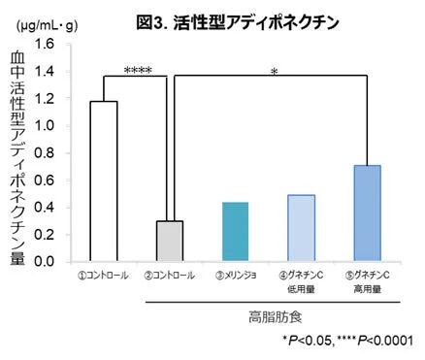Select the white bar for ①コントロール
pyautogui.click(x=103, y=181)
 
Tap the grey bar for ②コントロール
pyautogui.click(x=169, y=242)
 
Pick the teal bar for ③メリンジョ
pyautogui.click(x=235, y=232)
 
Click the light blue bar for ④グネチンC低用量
pyautogui.click(x=301, y=228)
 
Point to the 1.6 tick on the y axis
pyautogui.click(x=45, y=45)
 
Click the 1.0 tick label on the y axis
pyautogui.click(x=45, y=126)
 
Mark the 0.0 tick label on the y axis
pyautogui.click(x=45, y=262)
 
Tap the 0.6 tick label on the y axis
pyautogui.click(x=45, y=180)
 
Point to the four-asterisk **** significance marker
pyautogui.click(x=137, y=71)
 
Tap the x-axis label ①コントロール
pyautogui.click(x=104, y=276)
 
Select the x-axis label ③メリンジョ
pyautogui.click(x=235, y=276)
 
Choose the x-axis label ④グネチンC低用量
pyautogui.click(x=301, y=281)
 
